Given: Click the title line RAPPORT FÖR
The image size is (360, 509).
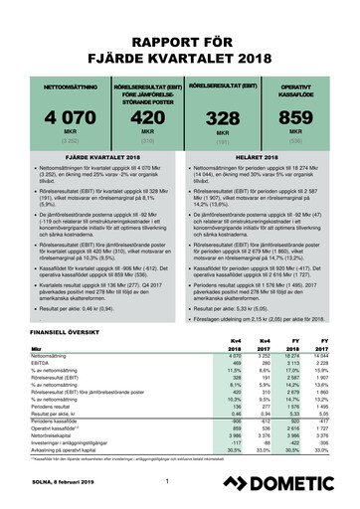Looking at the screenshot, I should tap(180, 43).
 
